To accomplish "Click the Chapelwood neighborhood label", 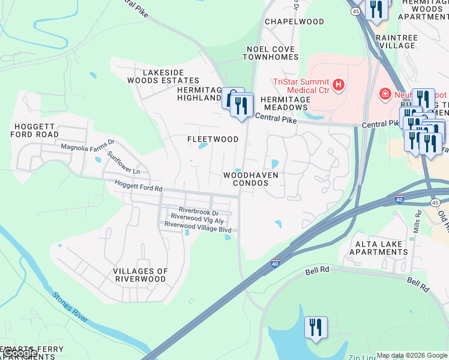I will pyautogui.click(x=295, y=22).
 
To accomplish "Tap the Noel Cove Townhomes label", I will pyautogui.click(x=270, y=53).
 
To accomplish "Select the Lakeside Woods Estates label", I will pyautogui.click(x=162, y=76).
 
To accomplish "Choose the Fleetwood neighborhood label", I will pyautogui.click(x=212, y=139).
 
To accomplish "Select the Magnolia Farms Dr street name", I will pyautogui.click(x=88, y=146).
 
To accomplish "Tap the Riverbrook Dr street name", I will pyautogui.click(x=197, y=212).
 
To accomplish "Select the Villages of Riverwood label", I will pyautogui.click(x=139, y=275).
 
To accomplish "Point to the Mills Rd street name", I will pyautogui.click(x=418, y=225).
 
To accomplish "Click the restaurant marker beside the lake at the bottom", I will pyautogui.click(x=316, y=328).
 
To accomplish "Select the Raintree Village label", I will pyautogui.click(x=396, y=41).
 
